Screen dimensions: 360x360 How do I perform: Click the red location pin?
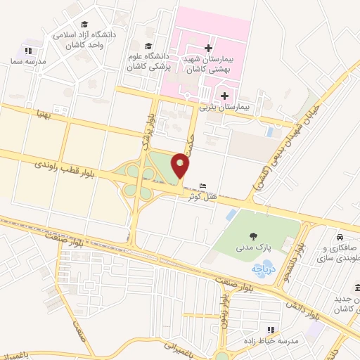[181, 165]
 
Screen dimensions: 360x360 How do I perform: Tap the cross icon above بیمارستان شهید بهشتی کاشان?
[208, 49]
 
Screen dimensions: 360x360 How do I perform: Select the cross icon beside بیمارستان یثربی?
[224, 96]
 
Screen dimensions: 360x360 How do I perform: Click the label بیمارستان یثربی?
[224, 107]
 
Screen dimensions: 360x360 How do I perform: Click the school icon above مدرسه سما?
[28, 51]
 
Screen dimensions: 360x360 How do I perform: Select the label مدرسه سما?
[28, 61]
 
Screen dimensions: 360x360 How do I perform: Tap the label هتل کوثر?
[202, 196]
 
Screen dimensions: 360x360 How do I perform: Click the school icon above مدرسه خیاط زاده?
[269, 329]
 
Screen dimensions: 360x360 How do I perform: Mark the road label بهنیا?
[38, 113]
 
